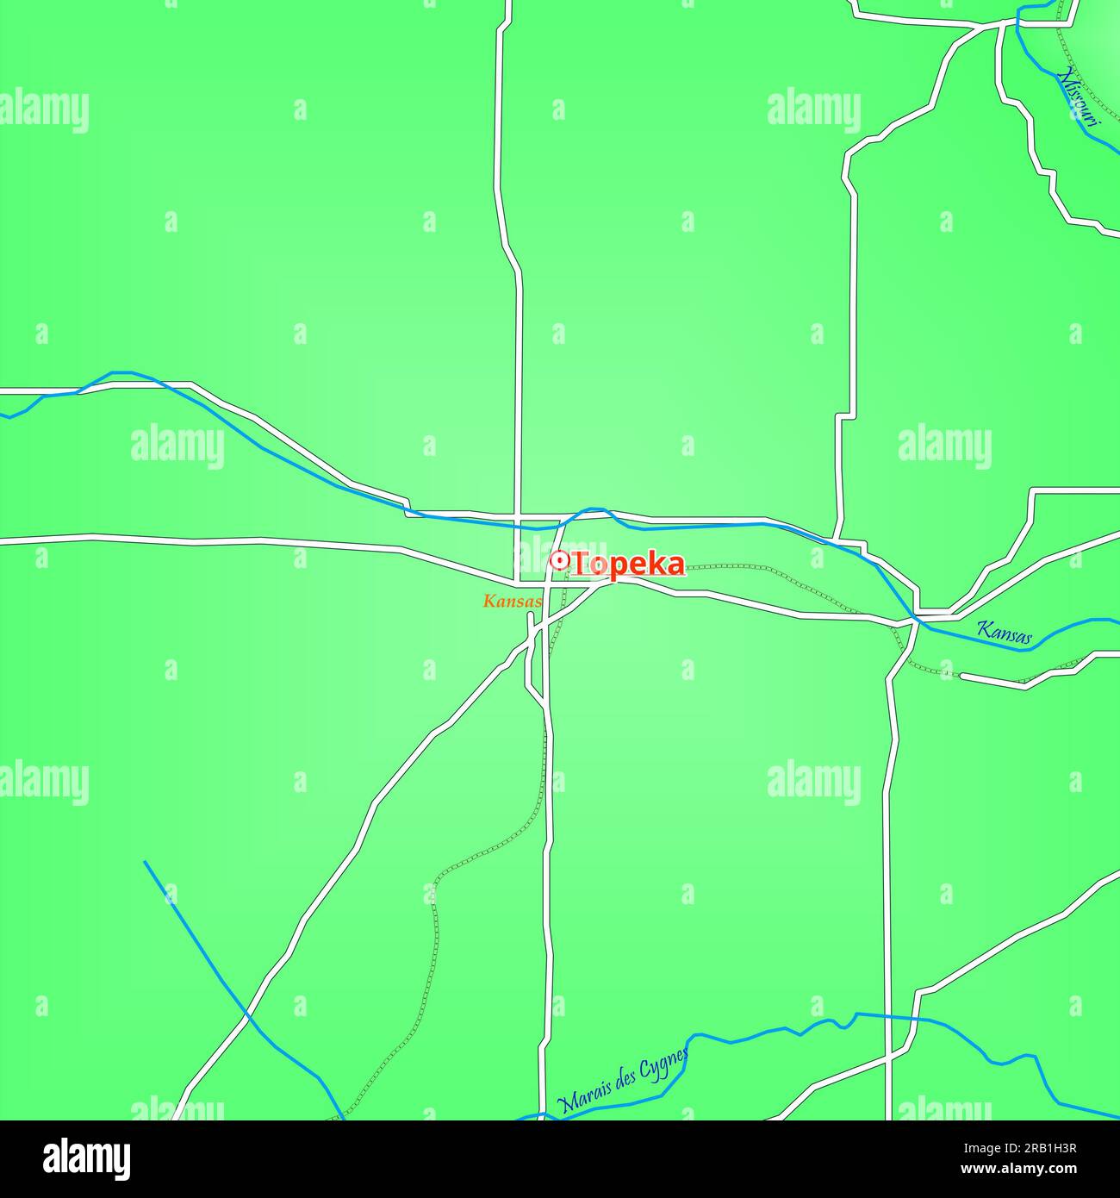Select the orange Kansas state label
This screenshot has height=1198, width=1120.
tap(513, 602)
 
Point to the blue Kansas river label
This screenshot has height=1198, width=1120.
tap(1004, 632)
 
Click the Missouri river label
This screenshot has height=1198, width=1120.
tap(1079, 96)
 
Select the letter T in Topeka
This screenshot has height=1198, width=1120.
tap(582, 565)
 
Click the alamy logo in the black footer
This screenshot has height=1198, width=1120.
tap(86, 1159)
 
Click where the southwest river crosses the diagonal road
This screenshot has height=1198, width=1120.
tap(248, 1017)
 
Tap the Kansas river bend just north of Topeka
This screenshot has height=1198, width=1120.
tap(593, 509)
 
